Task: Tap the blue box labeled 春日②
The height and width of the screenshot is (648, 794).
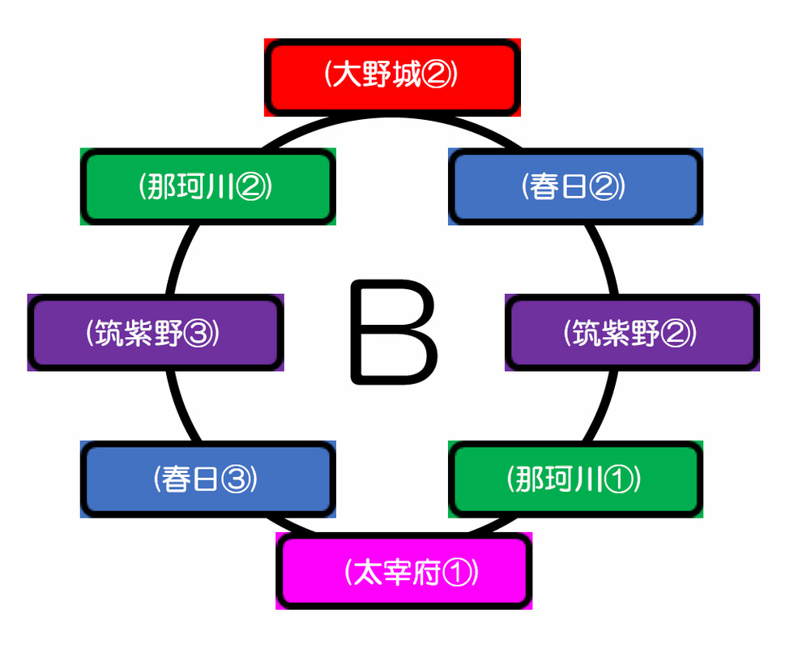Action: (x=575, y=187)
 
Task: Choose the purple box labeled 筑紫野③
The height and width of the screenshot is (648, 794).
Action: (x=154, y=333)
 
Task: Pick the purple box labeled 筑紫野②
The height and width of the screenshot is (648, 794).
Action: (x=632, y=333)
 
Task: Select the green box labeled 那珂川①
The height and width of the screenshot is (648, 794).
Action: (x=575, y=480)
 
